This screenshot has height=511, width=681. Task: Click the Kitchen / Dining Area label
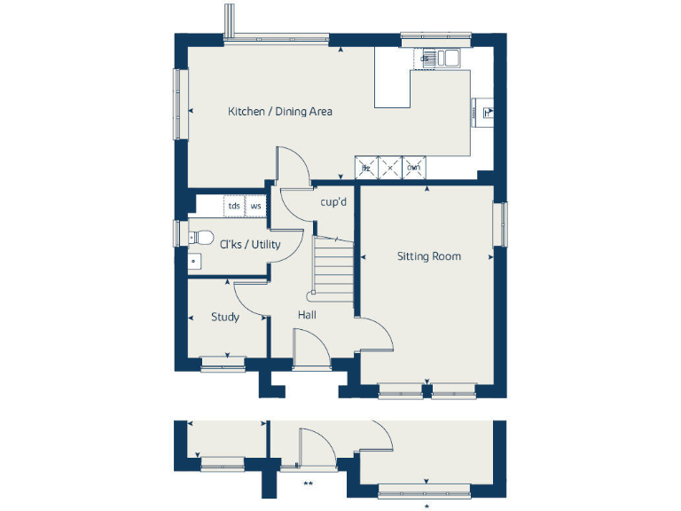click(280, 112)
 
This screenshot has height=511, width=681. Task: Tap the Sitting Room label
click(428, 256)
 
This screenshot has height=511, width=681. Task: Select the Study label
click(224, 317)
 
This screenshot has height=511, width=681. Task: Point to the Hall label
click(308, 315)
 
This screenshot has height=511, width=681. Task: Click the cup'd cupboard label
click(333, 202)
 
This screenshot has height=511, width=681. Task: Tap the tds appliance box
click(233, 206)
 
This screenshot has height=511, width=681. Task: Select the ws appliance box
click(256, 206)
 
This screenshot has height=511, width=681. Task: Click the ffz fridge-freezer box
click(365, 168)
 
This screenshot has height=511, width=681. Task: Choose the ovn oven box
click(413, 168)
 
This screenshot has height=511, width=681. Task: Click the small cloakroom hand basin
click(193, 262)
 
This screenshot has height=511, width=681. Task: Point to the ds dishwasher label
click(426, 59)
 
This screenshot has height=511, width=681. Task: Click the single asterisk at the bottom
click(427, 506)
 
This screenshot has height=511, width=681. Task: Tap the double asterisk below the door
click(308, 484)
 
